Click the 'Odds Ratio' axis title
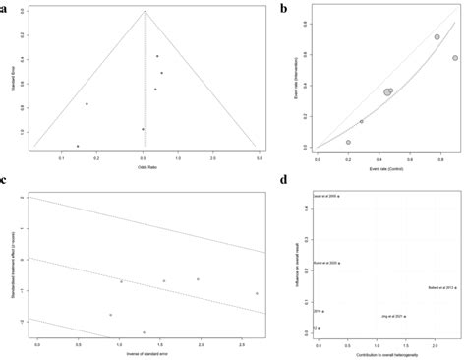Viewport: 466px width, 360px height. [x=145, y=162]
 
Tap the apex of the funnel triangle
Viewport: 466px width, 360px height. [x=146, y=11]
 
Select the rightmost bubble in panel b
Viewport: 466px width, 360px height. [x=455, y=58]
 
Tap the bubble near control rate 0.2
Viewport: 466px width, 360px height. [x=348, y=142]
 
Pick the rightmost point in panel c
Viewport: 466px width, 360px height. [x=257, y=293]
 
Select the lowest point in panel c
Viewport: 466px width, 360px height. [x=145, y=332]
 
